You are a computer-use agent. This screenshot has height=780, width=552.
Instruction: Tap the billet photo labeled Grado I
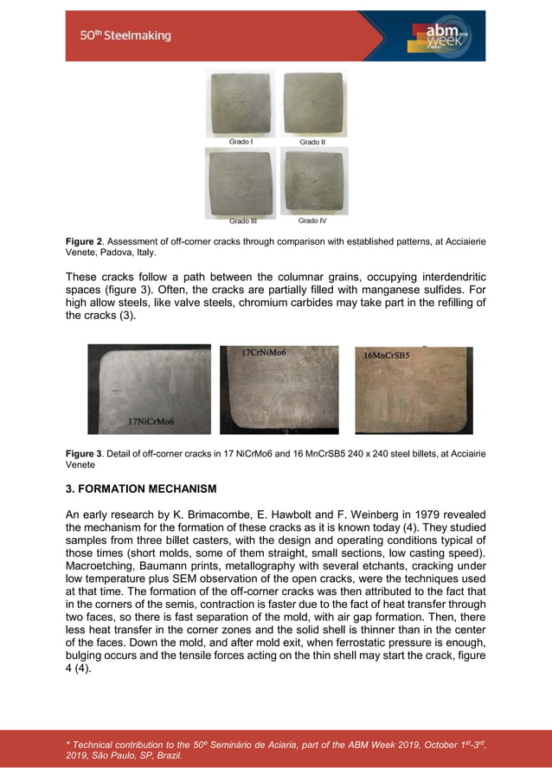coord(240,103)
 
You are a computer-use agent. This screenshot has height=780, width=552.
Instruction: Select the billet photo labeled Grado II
coord(314,103)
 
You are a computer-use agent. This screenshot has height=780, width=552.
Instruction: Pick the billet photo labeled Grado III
coord(240,182)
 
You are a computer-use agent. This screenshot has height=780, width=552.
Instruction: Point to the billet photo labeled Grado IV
coord(314,182)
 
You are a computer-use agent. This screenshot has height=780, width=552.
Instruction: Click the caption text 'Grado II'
coord(312,142)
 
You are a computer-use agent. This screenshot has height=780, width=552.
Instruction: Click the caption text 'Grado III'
coord(242,221)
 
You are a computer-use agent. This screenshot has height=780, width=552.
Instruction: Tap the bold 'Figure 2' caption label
coord(85,240)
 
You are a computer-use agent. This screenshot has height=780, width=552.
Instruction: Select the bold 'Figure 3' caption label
coord(85,453)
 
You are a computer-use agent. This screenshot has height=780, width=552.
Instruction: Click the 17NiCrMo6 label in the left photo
coord(151,422)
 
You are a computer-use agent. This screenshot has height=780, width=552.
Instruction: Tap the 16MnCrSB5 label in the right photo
coord(387,355)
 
